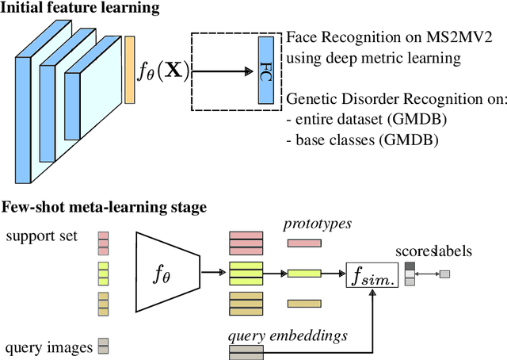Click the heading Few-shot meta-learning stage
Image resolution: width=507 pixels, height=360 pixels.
pos(104,207)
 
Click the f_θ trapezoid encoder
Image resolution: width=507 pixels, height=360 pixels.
pos(166,272)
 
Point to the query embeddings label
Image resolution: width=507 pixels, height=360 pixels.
pos(288,335)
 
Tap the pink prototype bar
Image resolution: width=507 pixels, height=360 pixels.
pos(304,243)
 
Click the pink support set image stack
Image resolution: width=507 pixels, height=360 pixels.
pos(103,241)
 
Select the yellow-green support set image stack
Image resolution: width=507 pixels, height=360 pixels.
pos(103,273)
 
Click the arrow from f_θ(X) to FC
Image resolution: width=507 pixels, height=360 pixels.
pos(223,71)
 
